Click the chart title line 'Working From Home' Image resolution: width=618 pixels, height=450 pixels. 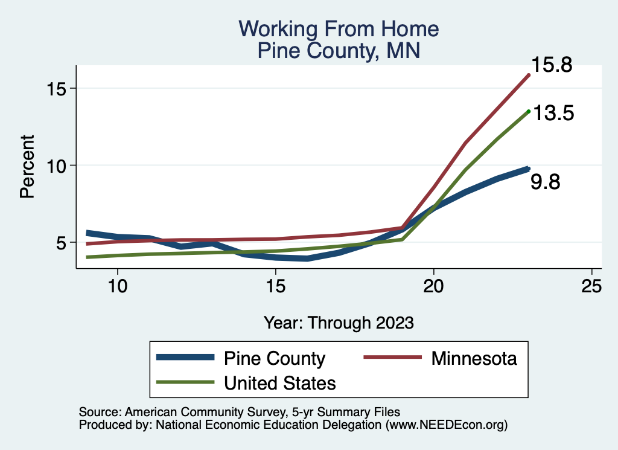(339, 29)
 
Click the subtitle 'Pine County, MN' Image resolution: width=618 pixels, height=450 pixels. (339, 51)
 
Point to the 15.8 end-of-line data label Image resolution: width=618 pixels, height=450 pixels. (552, 65)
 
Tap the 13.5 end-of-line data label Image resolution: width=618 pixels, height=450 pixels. (553, 113)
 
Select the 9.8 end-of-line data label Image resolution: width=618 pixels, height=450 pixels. (545, 182)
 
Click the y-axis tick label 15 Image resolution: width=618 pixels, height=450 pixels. (56, 89)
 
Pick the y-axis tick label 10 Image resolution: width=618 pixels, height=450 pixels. (56, 166)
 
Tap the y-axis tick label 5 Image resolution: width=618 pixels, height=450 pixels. (61, 243)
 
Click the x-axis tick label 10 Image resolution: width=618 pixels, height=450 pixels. (118, 286)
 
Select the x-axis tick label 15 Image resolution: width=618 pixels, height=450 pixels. (275, 286)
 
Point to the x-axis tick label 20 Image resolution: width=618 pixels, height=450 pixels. (433, 286)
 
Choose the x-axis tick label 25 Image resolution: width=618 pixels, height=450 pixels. (591, 286)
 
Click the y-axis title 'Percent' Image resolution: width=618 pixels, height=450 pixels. (28, 167)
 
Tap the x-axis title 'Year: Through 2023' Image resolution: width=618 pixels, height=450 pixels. (339, 323)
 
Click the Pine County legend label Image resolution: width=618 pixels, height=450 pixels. (275, 359)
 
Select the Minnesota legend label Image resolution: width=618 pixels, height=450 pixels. (474, 359)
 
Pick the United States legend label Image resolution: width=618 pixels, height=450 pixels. (280, 383)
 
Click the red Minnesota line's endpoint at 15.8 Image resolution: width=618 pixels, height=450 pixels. (529, 75)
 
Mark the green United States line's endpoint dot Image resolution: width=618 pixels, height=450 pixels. (529, 112)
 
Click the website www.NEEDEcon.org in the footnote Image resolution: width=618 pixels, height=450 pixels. (446, 425)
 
